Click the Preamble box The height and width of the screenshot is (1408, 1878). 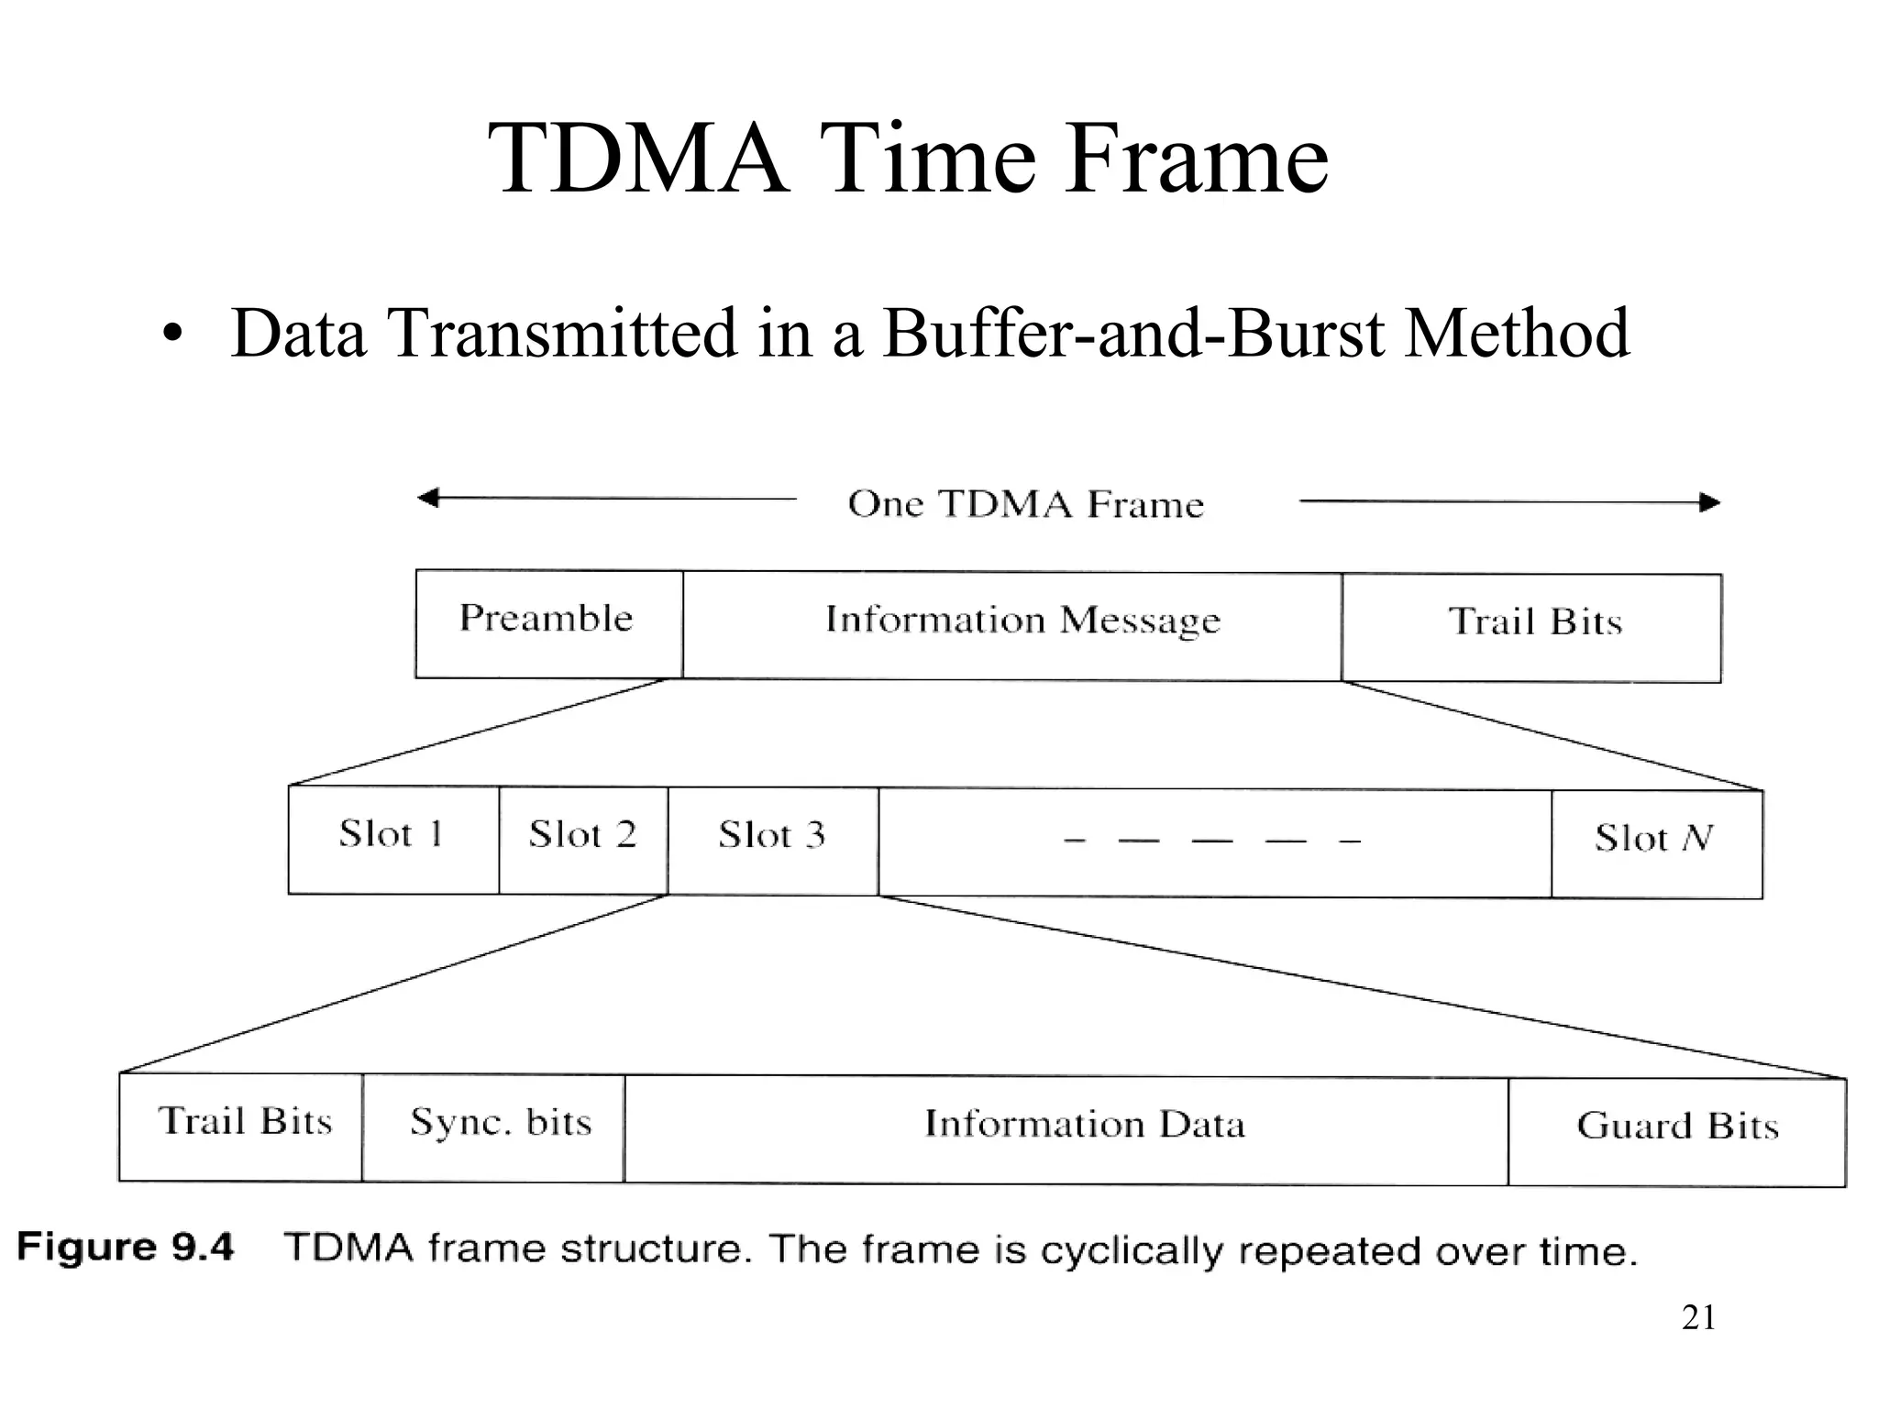pyautogui.click(x=548, y=623)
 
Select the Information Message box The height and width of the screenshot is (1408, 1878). pyautogui.click(x=1012, y=625)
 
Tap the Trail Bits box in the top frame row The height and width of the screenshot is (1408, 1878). pyautogui.click(x=1531, y=627)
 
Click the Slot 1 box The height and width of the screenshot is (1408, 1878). pyautogui.click(x=393, y=839)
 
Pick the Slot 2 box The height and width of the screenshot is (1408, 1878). pyautogui.click(x=583, y=840)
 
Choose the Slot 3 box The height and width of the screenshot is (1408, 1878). pyautogui.click(x=772, y=841)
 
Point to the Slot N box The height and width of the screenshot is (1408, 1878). pyautogui.click(x=1656, y=843)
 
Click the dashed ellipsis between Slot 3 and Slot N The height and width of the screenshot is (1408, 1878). pyautogui.click(x=1212, y=841)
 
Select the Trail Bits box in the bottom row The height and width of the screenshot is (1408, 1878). pyautogui.click(x=240, y=1127)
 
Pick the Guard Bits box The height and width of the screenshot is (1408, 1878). pyautogui.click(x=1676, y=1131)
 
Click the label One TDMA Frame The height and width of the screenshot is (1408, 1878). pyautogui.click(x=1025, y=504)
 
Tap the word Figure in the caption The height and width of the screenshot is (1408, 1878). pyautogui.click(x=86, y=1247)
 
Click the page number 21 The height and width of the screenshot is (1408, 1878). pyautogui.click(x=1698, y=1317)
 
